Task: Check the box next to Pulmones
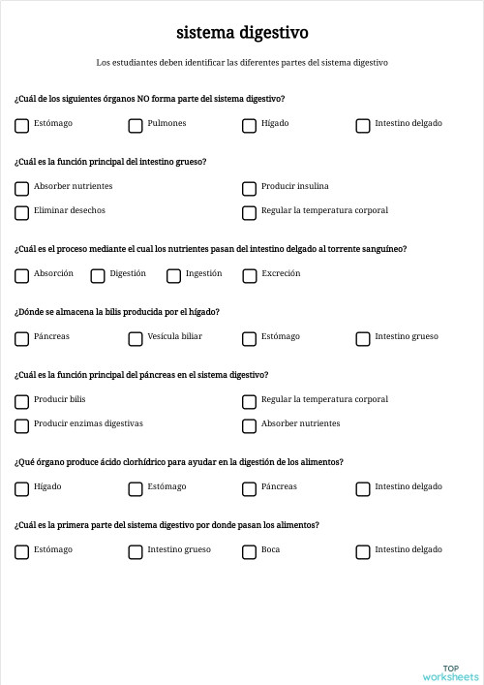click(x=136, y=125)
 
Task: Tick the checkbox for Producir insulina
click(x=249, y=188)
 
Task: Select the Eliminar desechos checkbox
click(x=21, y=212)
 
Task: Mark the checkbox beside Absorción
click(x=21, y=275)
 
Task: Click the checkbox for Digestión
click(x=98, y=275)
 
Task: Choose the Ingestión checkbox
click(x=173, y=275)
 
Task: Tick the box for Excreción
click(x=249, y=275)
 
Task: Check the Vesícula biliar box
click(x=136, y=338)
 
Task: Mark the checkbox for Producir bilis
click(x=21, y=401)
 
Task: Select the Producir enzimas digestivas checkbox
click(x=21, y=425)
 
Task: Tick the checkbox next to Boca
click(x=249, y=551)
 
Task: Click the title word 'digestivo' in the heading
click(x=272, y=33)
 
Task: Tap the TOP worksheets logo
click(x=450, y=672)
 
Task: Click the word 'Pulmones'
click(x=166, y=124)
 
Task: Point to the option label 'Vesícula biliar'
click(x=174, y=337)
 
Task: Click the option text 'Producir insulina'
click(x=294, y=186)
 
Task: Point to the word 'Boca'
click(x=270, y=550)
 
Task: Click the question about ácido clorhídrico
click(x=179, y=462)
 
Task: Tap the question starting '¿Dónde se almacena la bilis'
click(x=117, y=312)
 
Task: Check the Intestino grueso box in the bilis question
click(x=363, y=338)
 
